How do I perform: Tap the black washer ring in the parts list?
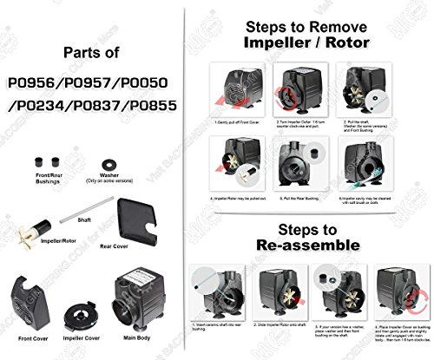pos(110,161)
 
